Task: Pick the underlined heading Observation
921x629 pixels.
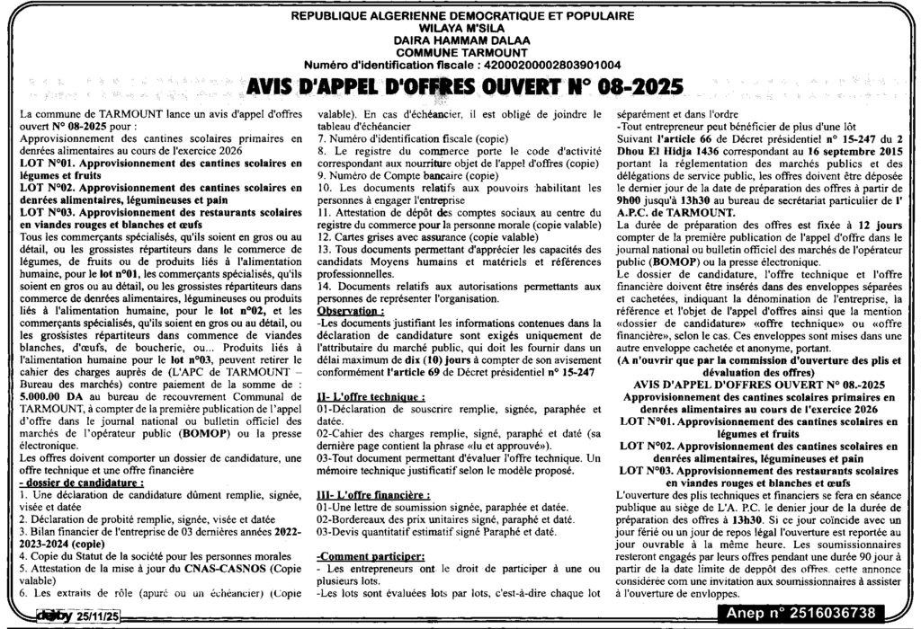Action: pyautogui.click(x=351, y=309)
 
